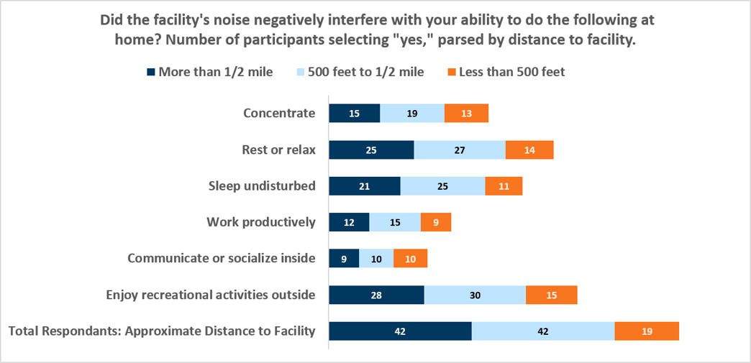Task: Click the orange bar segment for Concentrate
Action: click(466, 113)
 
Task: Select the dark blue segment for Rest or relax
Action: click(371, 150)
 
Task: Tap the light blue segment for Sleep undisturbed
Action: click(442, 185)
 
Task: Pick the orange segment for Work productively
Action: click(436, 222)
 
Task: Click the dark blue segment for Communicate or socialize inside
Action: click(344, 259)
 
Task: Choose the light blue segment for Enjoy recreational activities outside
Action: click(475, 295)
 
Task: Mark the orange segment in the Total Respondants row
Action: click(647, 331)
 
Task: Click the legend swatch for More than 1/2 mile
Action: click(151, 73)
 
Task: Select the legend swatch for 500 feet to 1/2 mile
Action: click(300, 73)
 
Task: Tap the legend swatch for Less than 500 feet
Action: click(451, 73)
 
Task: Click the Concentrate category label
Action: click(279, 114)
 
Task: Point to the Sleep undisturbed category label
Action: click(262, 185)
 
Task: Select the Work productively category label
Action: click(261, 222)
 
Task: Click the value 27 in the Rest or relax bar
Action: click(460, 150)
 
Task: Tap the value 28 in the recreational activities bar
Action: click(376, 295)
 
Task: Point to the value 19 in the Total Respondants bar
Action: click(647, 331)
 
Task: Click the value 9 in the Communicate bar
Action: click(344, 259)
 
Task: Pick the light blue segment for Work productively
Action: click(395, 222)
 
